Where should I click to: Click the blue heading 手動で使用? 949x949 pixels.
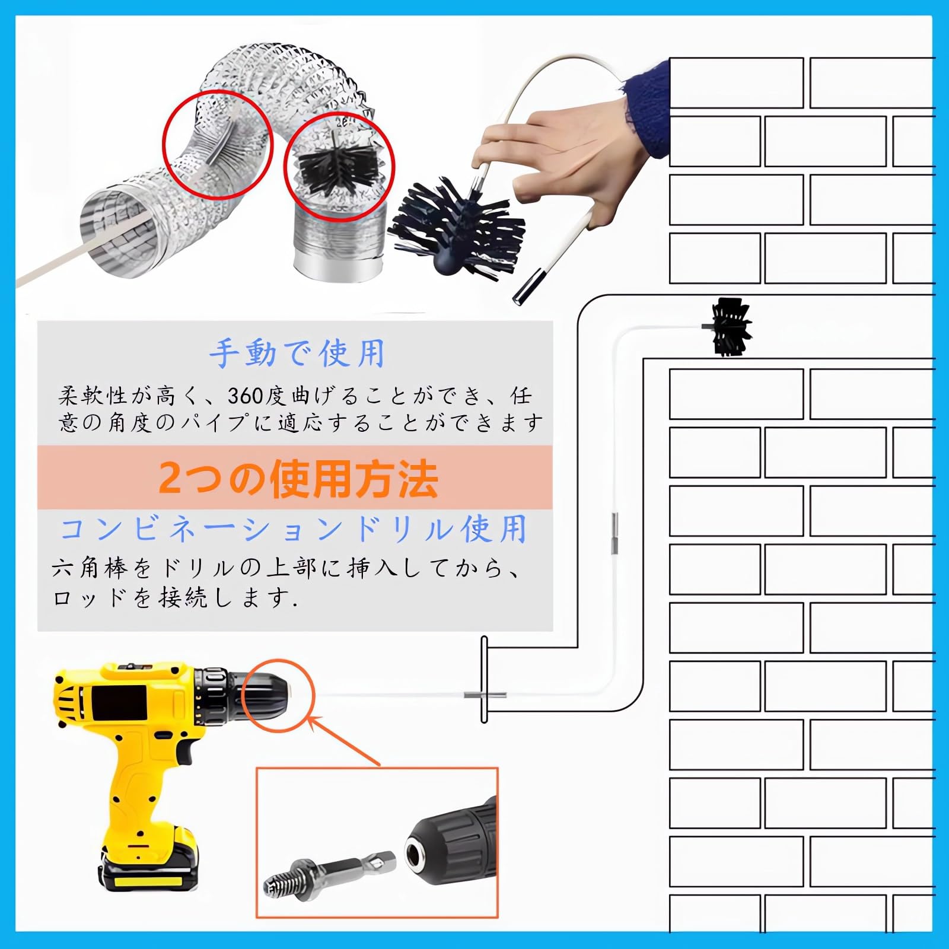coord(297,354)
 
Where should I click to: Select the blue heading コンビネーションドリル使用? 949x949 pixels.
coord(294,528)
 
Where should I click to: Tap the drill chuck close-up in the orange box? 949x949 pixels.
coord(451,845)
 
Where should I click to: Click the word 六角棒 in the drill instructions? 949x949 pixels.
coord(90,568)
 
